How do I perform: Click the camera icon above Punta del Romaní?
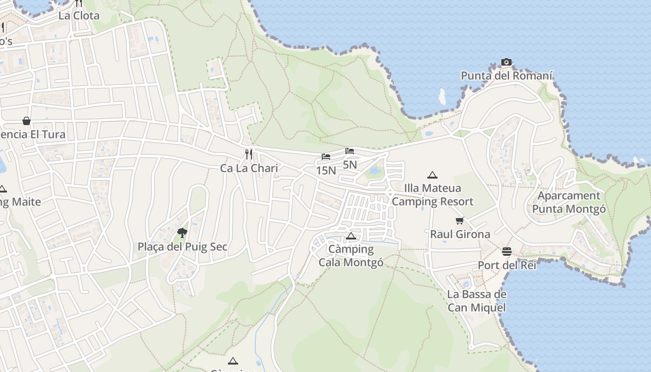pos(506,62)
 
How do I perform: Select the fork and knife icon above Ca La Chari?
pos(249,154)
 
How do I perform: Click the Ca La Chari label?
pos(249,168)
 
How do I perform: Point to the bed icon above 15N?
pos(326,157)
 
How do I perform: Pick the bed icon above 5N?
pos(350,151)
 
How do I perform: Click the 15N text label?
pos(326,171)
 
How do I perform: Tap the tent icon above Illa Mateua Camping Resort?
pos(432,175)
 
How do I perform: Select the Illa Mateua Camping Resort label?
pos(432,195)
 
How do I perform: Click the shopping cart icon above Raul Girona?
pos(460,220)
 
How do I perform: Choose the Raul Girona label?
pos(460,234)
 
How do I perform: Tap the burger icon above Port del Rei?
pos(507,252)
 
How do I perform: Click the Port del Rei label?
pos(507,266)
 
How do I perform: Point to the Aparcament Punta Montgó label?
pos(569,202)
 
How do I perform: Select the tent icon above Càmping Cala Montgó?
pos(351,236)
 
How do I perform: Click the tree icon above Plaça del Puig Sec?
pos(182,232)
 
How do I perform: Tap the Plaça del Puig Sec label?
pos(182,246)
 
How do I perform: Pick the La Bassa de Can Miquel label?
pos(477,301)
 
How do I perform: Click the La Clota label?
pos(79,15)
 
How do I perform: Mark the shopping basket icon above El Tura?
pos(27,121)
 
